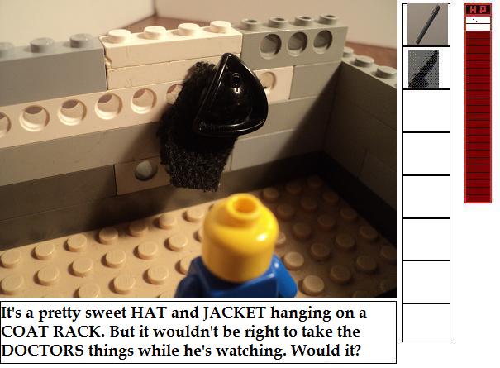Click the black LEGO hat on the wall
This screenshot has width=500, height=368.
point(231,96)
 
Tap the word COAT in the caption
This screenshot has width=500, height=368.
point(25,332)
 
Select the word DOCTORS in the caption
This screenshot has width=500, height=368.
point(43,351)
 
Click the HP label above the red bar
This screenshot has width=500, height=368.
point(478,10)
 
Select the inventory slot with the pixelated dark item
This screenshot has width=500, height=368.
point(426,69)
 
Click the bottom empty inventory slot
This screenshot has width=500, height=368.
point(426,323)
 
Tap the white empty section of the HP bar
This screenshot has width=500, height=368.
point(478,24)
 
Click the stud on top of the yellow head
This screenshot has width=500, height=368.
point(245,204)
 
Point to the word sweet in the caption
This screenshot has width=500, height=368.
point(106,313)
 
